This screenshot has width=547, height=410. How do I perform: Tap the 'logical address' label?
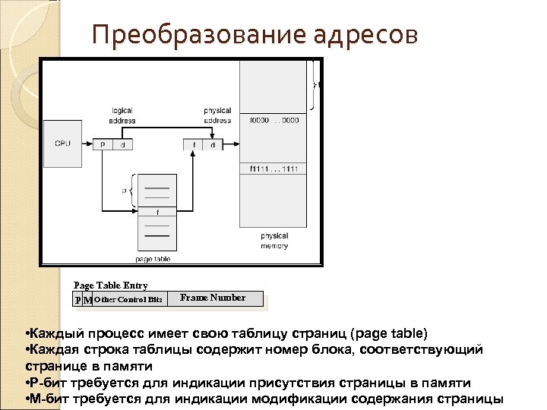click(x=122, y=115)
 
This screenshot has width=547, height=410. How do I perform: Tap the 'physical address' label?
click(x=217, y=115)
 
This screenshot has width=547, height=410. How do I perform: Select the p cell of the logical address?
click(x=103, y=144)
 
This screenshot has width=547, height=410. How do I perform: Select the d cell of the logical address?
click(x=124, y=144)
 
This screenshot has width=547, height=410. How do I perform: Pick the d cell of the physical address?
click(x=213, y=144)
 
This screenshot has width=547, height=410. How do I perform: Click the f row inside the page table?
click(x=157, y=212)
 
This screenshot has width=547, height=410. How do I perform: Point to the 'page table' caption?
click(x=153, y=259)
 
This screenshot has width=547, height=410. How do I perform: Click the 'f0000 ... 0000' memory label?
click(x=274, y=120)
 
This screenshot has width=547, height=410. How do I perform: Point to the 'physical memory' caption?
click(x=273, y=241)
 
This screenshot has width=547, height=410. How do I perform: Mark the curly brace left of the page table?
click(x=132, y=192)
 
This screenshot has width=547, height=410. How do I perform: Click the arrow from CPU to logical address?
click(x=86, y=144)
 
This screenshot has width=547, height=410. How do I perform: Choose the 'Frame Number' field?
click(x=213, y=298)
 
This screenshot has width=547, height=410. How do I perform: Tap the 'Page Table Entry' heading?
click(x=111, y=285)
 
